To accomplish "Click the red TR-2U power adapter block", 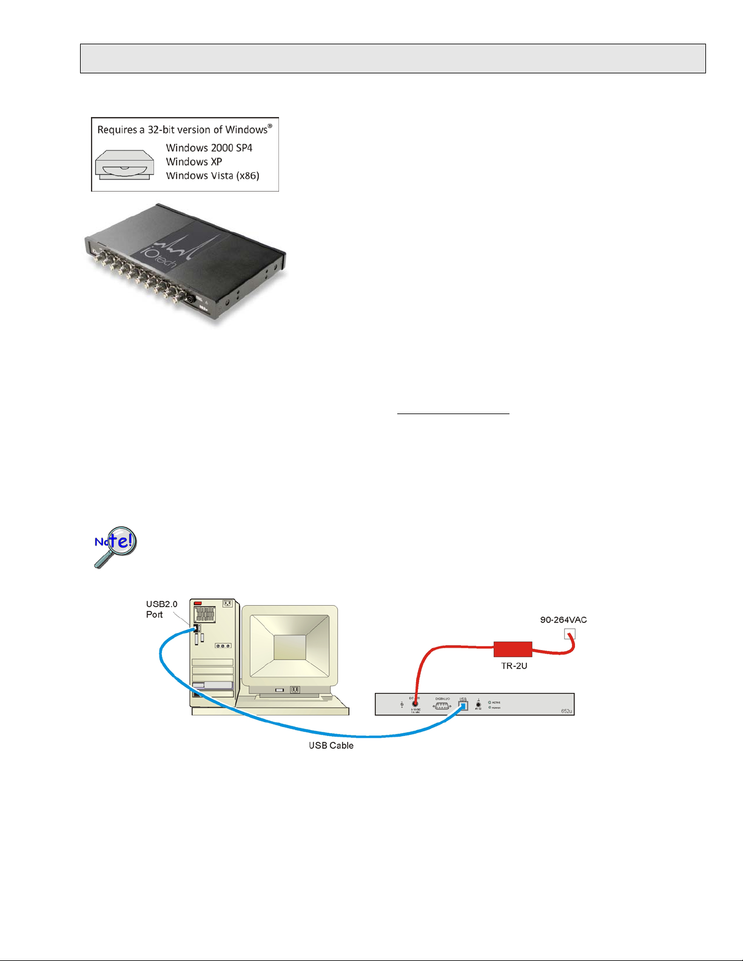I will [x=513, y=649].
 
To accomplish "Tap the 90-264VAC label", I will [x=563, y=620].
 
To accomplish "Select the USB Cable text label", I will [x=331, y=745].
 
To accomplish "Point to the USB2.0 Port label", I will [x=161, y=609].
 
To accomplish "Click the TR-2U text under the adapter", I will [x=514, y=666].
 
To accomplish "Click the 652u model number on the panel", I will [x=566, y=711].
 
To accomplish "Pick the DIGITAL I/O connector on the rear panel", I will [x=442, y=706].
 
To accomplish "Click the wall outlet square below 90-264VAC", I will [x=569, y=634].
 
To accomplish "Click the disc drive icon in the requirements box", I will [x=124, y=164].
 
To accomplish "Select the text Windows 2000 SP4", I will [x=209, y=148].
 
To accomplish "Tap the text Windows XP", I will [x=194, y=162].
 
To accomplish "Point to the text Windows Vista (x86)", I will [x=213, y=176].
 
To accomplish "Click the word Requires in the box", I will [x=115, y=130].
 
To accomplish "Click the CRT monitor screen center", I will [x=289, y=648].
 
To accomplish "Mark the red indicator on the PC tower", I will [x=198, y=603].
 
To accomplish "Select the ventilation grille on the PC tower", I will [x=205, y=614].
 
